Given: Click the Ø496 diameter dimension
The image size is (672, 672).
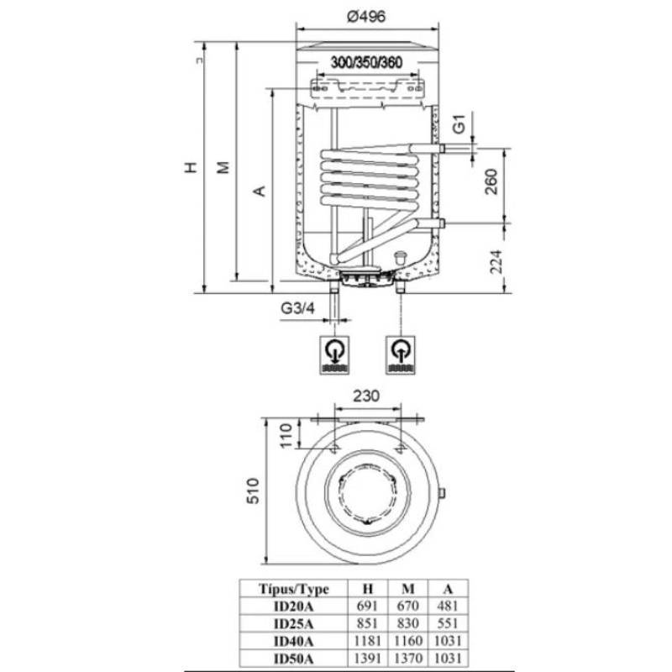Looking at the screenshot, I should point(365,17).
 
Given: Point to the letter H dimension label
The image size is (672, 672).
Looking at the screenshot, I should point(192,166).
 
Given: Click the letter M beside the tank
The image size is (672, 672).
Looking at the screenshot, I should point(223,168).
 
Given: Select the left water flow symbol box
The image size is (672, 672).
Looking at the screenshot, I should point(336,356).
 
